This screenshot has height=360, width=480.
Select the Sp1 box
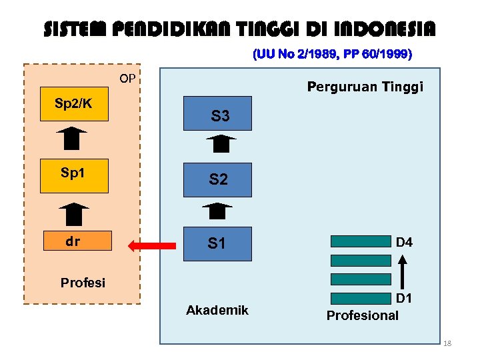coord(74,175)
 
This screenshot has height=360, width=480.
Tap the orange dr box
coord(74,242)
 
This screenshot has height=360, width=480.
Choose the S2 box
coord(219,179)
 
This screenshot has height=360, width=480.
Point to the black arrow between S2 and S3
coord(221,145)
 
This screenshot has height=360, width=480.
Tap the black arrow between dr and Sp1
coord(73,214)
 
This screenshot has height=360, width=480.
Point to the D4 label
coord(404,243)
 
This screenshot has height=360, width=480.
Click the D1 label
coord(404,298)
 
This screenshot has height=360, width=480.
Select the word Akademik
coord(217,310)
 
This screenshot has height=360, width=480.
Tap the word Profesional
coord(362,315)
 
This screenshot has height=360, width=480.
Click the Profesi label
coord(83,282)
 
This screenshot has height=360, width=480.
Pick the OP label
coord(127,79)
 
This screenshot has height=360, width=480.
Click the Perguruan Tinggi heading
coord(365,87)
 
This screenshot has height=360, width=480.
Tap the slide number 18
coord(447,343)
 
